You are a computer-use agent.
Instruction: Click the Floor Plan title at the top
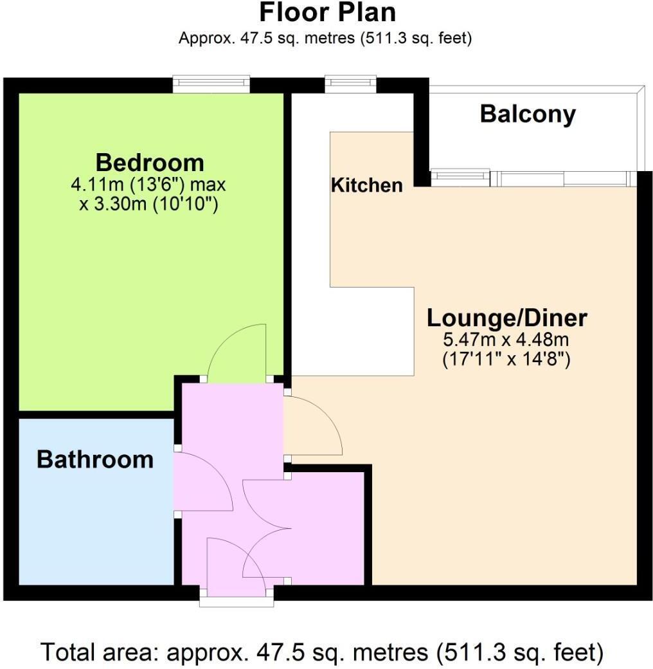click(x=326, y=13)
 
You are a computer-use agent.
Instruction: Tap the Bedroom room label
click(x=149, y=162)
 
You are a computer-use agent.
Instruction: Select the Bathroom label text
click(x=94, y=459)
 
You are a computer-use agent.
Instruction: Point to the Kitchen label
click(x=366, y=185)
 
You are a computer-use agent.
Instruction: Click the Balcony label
click(x=528, y=115)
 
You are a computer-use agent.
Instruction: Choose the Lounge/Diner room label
click(x=507, y=318)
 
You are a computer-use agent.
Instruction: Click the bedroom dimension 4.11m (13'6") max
click(x=149, y=185)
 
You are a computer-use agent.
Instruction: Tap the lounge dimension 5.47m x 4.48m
click(x=507, y=339)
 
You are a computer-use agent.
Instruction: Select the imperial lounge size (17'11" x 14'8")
click(x=507, y=360)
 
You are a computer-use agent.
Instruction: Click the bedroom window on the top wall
click(x=211, y=84)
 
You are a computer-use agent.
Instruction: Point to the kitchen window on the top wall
click(x=350, y=84)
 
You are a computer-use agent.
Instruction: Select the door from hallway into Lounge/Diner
click(x=313, y=425)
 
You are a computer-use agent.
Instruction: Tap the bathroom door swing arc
click(x=202, y=480)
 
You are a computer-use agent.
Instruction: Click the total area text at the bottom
click(x=323, y=652)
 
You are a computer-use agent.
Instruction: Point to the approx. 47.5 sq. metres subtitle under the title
click(x=325, y=38)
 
